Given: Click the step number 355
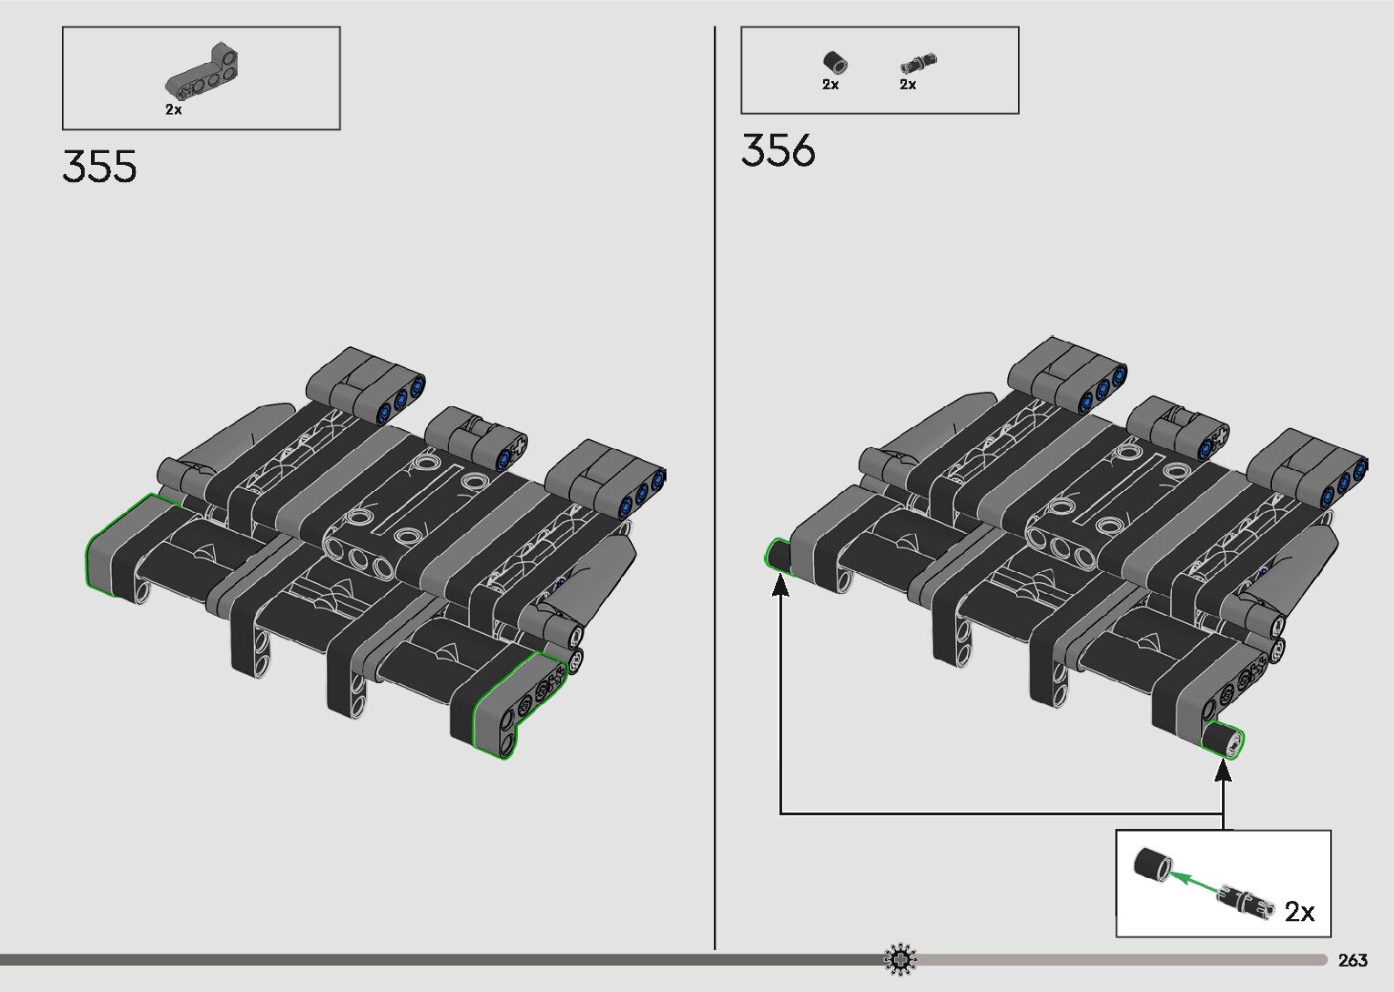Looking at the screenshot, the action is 99,167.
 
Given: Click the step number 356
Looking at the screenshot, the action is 778,150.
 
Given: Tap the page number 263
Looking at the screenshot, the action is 1352,960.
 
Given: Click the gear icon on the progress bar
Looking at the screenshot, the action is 900,959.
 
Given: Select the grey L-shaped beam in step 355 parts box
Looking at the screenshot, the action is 202,72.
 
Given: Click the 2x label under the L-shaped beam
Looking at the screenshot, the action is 174,109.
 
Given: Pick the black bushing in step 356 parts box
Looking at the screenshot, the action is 835,62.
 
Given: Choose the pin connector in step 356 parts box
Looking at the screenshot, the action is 919,62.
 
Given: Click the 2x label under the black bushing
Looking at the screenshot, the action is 830,85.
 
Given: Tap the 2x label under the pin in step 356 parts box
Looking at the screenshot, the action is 908,85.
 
